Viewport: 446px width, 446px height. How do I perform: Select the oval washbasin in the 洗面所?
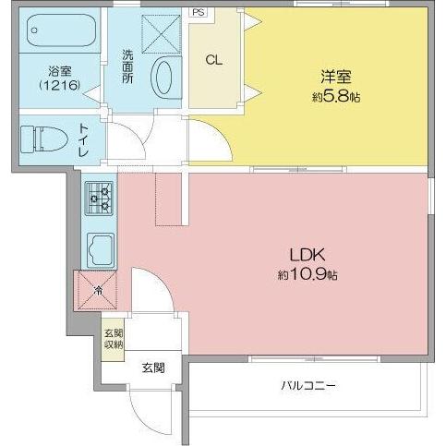pos(167,77)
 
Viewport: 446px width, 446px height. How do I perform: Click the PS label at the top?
pos(199,13)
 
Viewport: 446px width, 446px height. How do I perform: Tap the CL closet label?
pos(213,61)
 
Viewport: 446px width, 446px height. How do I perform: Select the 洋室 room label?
pos(336,77)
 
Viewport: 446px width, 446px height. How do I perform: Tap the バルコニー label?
pos(308,385)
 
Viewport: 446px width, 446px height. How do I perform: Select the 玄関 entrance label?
pos(153,368)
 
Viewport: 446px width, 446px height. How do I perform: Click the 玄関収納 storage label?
pos(113,339)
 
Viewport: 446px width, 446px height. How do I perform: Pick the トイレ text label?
pos(84,141)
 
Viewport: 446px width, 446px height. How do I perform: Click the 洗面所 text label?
pos(127,66)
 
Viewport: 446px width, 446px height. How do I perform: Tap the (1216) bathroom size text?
pos(58,86)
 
